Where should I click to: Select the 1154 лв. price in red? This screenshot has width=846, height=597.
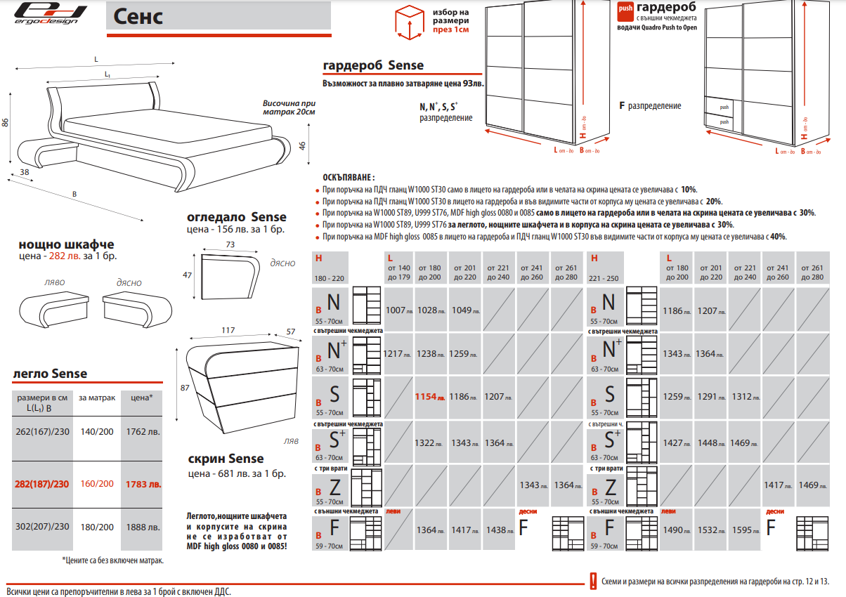[x=429, y=397]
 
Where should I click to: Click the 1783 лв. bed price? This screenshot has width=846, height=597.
[x=143, y=484]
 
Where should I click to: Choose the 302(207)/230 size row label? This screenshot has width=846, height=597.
[x=42, y=527]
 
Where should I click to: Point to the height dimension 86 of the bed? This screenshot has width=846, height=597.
[x=6, y=123]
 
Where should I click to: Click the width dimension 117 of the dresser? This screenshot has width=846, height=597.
[x=228, y=330]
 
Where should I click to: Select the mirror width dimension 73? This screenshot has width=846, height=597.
[x=230, y=245]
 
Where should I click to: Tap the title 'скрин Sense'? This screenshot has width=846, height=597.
[x=226, y=459]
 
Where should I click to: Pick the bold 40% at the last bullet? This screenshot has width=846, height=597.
[x=778, y=237]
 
